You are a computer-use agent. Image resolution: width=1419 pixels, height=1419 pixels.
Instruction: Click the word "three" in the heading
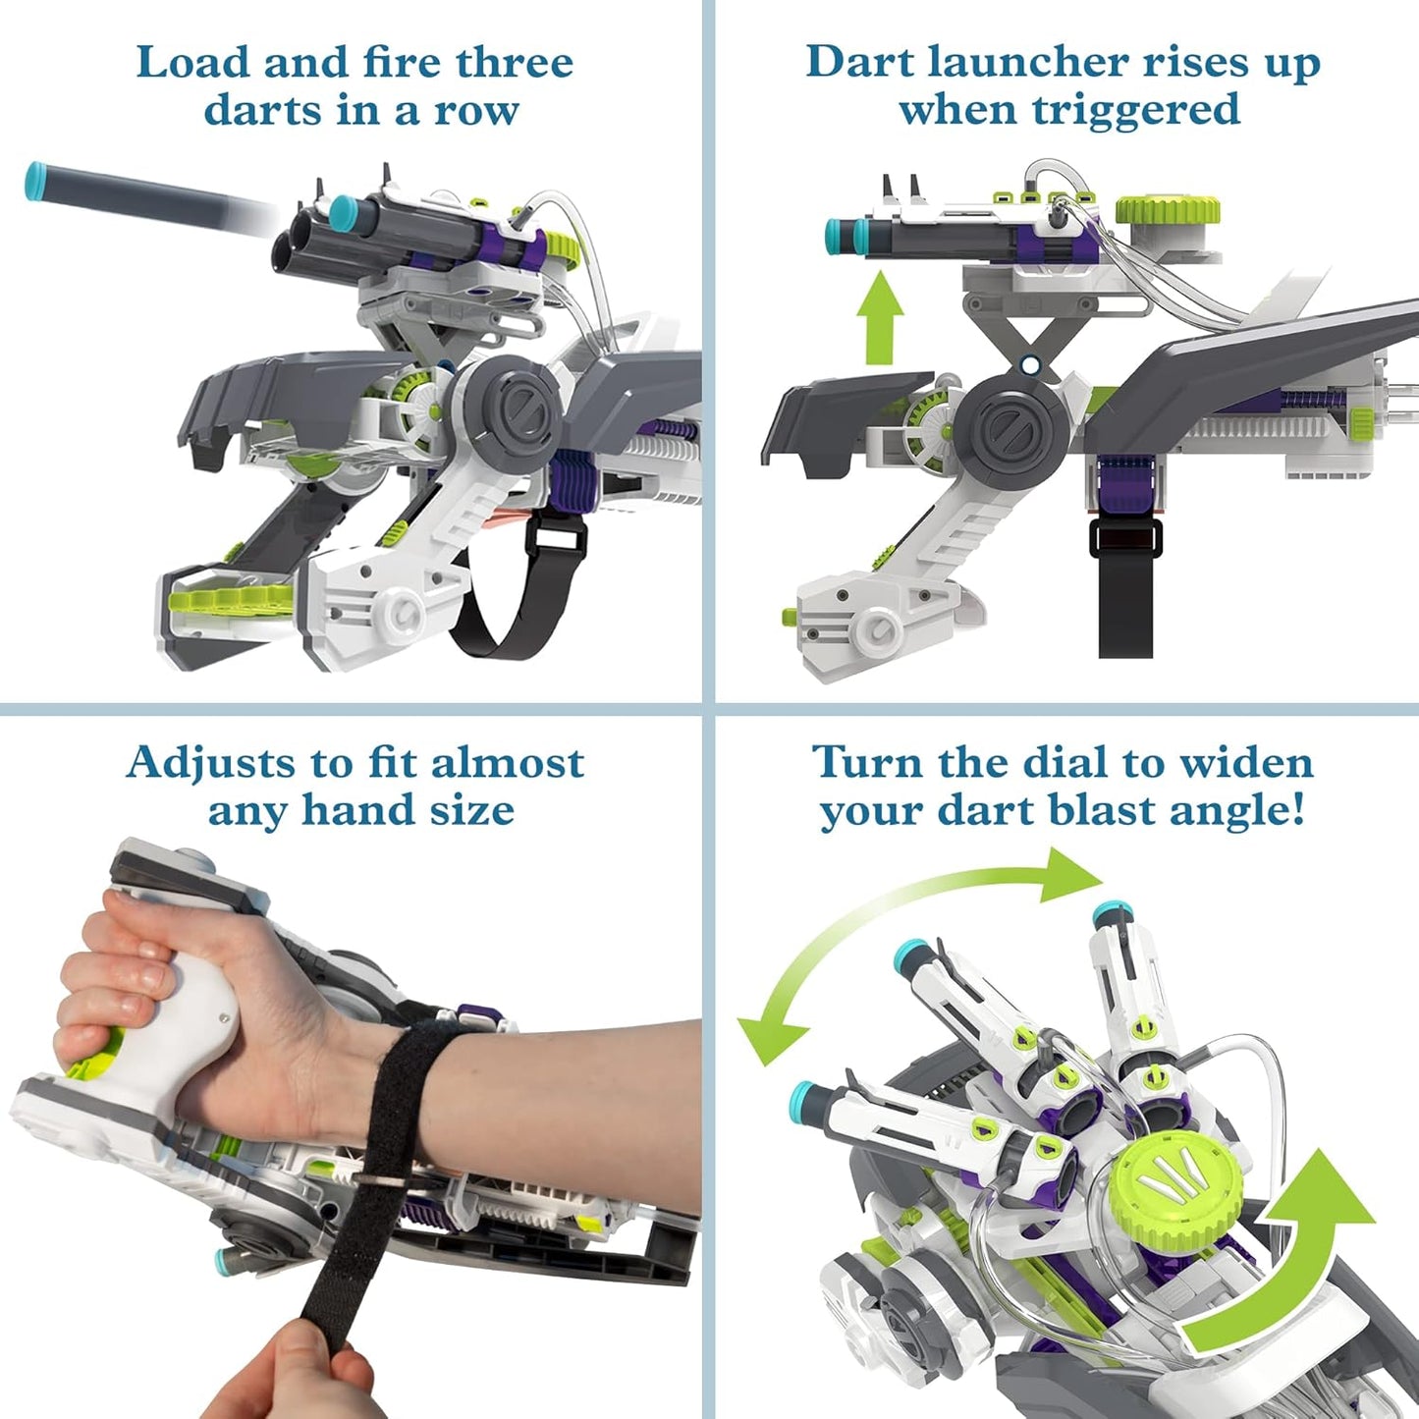point(514,63)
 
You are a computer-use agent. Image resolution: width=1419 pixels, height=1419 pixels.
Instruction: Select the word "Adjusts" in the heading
point(209,763)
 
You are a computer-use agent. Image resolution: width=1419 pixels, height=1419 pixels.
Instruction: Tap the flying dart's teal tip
point(37,181)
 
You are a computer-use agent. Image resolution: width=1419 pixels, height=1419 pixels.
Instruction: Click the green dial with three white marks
point(1176,1183)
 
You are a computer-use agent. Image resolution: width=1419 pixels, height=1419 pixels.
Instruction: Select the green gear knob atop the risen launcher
point(1169,209)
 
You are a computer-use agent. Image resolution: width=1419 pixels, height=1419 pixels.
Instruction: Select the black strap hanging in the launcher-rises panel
point(1125,589)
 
